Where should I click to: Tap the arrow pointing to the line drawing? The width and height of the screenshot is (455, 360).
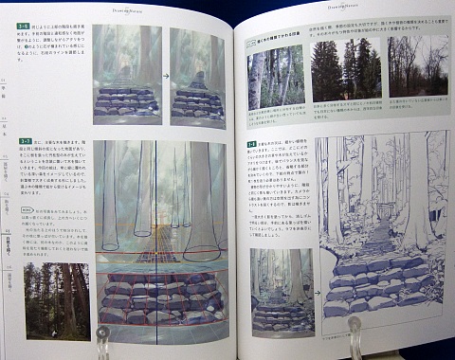click(318, 279)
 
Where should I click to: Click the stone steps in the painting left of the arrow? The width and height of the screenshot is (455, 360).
click(126, 99)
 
